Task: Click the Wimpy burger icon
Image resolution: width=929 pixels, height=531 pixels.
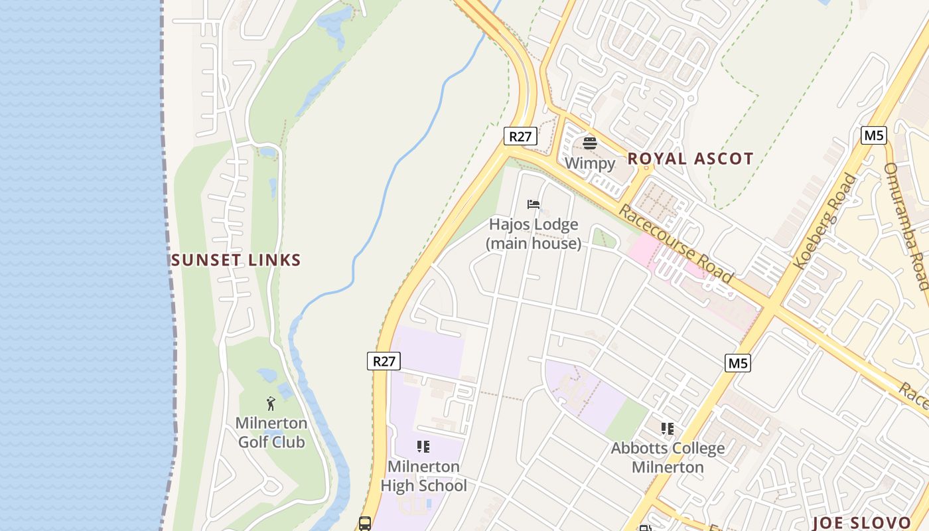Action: (x=589, y=143)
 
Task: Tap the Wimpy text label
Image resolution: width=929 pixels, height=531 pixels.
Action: (x=589, y=163)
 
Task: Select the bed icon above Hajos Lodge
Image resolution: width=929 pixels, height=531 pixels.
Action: (x=534, y=204)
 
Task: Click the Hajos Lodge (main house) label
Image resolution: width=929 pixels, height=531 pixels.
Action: (x=534, y=234)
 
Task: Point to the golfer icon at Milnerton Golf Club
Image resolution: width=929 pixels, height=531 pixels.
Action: (x=271, y=404)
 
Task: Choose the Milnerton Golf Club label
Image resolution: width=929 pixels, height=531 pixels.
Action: (x=271, y=433)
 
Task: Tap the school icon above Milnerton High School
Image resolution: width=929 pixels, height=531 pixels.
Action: (x=423, y=447)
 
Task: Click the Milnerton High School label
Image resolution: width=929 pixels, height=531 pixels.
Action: (x=423, y=476)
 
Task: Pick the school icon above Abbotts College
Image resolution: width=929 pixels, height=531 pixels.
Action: (x=668, y=429)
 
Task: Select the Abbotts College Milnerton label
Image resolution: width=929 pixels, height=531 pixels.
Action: (x=668, y=458)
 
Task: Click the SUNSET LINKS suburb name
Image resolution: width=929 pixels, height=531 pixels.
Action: (x=236, y=260)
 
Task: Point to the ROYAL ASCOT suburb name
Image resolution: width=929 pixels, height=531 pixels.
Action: (x=690, y=159)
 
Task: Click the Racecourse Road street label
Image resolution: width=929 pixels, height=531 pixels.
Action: (x=676, y=244)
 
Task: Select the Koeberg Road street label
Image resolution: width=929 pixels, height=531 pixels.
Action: (x=825, y=221)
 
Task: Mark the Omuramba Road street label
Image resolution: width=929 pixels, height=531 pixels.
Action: (x=906, y=226)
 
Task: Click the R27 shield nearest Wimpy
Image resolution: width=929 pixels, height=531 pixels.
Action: (x=520, y=137)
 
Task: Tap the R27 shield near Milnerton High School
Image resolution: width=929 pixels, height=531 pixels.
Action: (x=384, y=361)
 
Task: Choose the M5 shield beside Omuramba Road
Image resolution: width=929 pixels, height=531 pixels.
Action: (x=874, y=135)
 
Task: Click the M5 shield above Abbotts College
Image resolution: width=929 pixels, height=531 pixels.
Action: (x=738, y=363)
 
